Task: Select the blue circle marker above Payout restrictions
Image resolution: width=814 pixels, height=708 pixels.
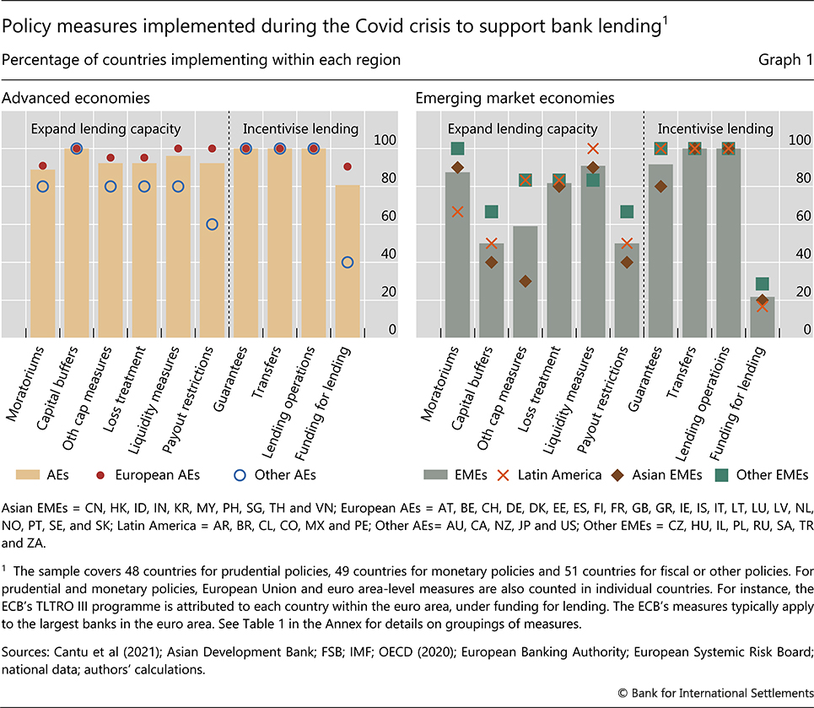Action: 212,224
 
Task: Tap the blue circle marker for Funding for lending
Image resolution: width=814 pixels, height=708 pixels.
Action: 348,262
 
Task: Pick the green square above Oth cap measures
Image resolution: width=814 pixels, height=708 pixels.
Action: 525,180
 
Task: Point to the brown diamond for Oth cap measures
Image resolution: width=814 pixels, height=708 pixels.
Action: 525,281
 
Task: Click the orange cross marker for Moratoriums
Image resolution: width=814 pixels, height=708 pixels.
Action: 457,212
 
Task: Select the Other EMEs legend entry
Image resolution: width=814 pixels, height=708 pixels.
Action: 762,475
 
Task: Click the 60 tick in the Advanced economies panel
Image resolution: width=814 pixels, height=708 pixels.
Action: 386,217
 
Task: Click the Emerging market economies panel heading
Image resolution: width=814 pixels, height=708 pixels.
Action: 515,99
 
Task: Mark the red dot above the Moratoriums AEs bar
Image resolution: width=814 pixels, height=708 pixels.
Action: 43,166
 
